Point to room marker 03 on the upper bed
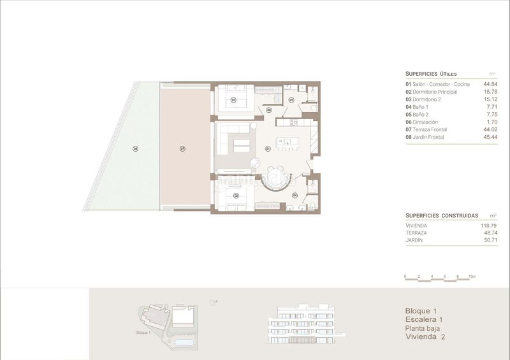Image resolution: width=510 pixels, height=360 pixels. tap(233, 100)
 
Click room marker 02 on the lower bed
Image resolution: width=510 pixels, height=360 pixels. tap(236, 196)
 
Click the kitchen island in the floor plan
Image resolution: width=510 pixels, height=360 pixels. tap(285, 141)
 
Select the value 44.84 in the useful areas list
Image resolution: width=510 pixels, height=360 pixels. tap(490, 84)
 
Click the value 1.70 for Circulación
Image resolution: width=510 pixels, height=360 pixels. tap(492, 122)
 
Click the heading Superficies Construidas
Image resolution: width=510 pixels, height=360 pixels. tap(434, 215)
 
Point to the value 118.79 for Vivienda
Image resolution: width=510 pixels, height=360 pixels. tap(489, 226)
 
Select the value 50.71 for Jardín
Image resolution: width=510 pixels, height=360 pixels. tap(490, 241)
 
